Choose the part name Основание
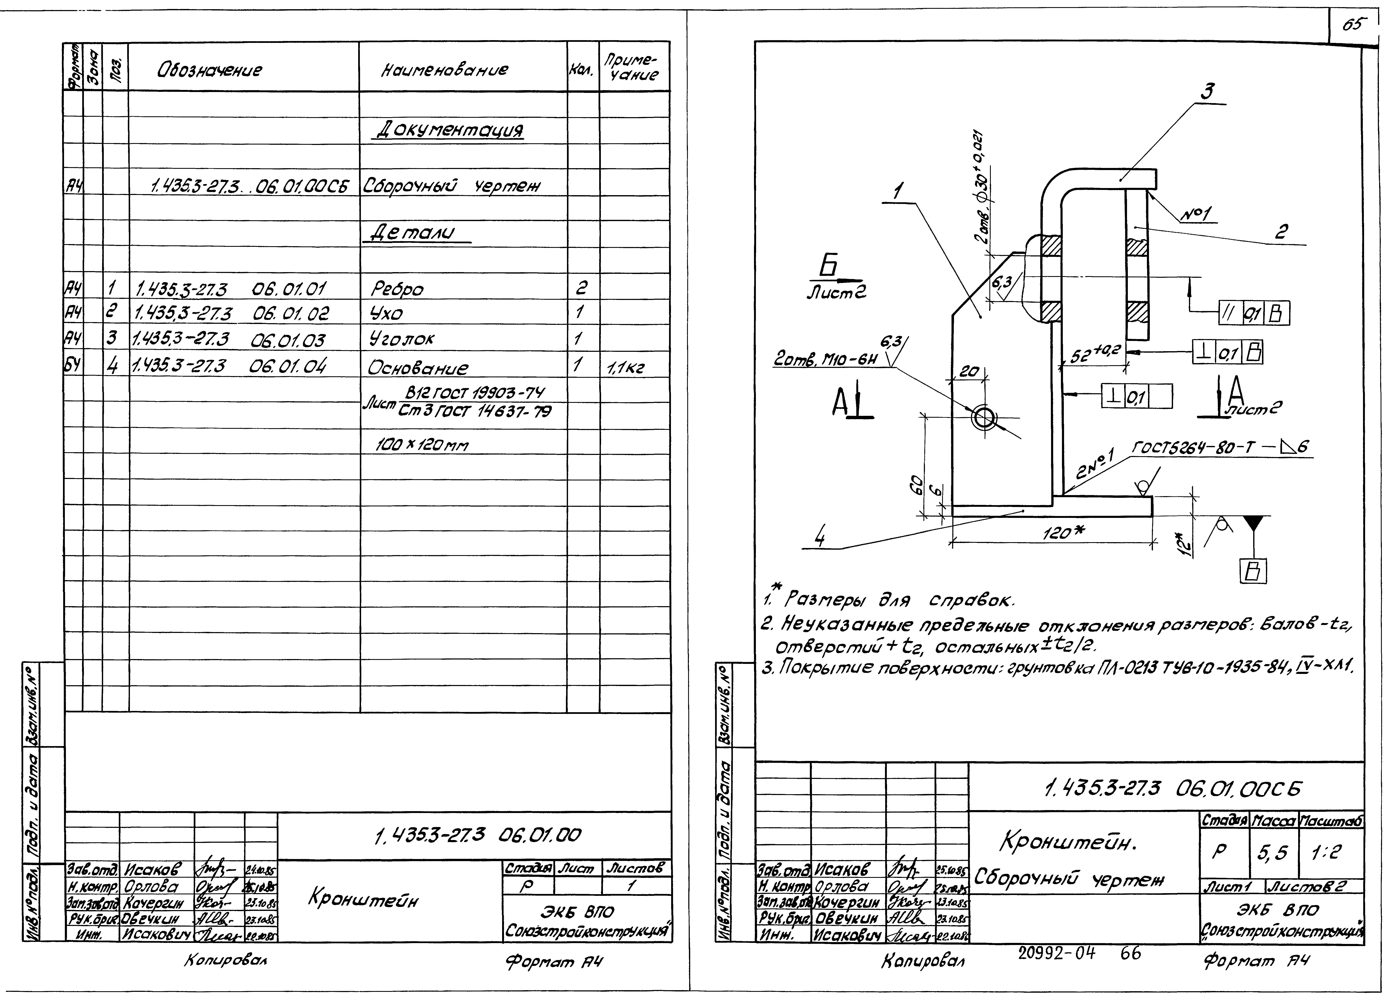point(418,368)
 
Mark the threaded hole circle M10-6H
point(984,419)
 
